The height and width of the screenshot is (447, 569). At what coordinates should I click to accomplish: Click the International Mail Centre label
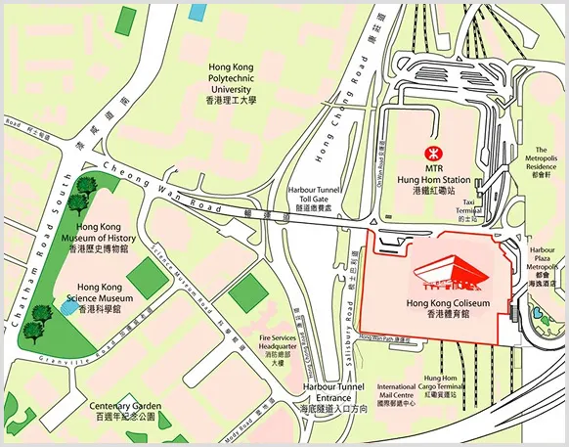pos(397,394)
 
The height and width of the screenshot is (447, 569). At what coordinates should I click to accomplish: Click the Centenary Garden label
pos(124,410)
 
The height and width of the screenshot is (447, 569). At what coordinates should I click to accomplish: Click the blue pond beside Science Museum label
pos(66,307)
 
